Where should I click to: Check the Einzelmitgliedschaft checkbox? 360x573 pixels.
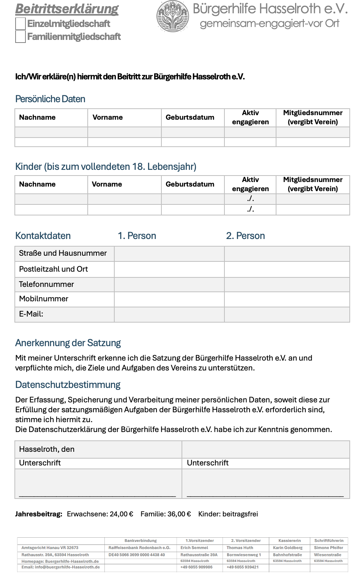click(21, 24)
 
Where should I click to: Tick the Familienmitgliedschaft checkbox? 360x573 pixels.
click(21, 37)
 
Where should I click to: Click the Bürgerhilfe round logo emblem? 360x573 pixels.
click(173, 16)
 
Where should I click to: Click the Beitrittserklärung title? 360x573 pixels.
click(67, 9)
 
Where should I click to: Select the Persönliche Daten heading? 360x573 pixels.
click(50, 99)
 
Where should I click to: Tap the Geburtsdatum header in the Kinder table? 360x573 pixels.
click(190, 184)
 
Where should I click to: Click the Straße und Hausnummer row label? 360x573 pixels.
click(63, 253)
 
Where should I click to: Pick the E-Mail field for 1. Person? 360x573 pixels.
click(169, 315)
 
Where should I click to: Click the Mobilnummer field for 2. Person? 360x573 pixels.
click(287, 299)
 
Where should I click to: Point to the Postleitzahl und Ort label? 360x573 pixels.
click(54, 269)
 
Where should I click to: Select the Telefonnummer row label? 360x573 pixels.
click(46, 285)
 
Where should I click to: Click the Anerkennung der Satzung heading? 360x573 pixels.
click(68, 343)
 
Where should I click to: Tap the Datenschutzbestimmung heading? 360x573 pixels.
click(68, 385)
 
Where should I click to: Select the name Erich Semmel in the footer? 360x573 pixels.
click(194, 548)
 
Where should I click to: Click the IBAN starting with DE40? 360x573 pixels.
click(137, 555)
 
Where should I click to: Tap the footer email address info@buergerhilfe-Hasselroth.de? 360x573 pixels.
click(61, 567)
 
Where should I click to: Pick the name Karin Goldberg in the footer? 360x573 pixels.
click(288, 548)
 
